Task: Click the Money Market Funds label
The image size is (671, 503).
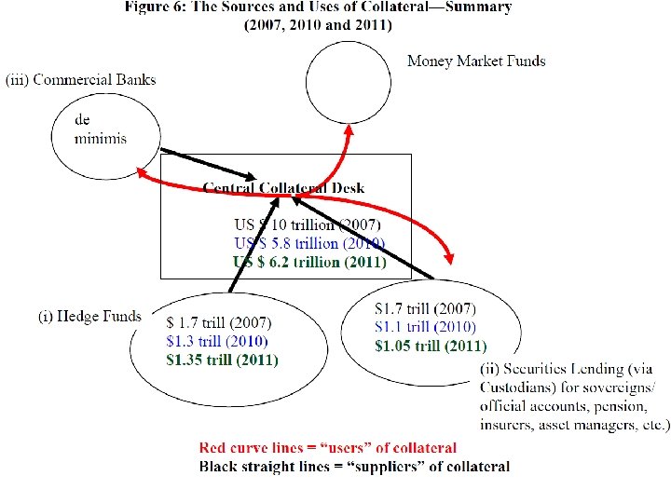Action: [x=476, y=61]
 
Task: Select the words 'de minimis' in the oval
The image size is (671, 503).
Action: [x=100, y=129]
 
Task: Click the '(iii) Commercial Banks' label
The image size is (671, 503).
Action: [x=81, y=80]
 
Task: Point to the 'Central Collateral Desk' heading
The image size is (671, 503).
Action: [x=284, y=187]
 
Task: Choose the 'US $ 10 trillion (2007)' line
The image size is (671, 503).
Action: [x=308, y=225]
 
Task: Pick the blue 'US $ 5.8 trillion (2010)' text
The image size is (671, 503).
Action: [x=309, y=244]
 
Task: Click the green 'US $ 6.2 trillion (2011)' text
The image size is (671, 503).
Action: [x=309, y=263]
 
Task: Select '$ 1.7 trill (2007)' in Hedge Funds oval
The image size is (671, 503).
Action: [x=219, y=323]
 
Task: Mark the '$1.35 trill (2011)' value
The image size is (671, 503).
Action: [x=222, y=359]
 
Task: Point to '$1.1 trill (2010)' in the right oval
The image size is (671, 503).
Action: [x=425, y=327]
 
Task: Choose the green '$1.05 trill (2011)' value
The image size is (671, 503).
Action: [x=430, y=345]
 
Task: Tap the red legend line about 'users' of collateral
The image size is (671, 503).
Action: [x=328, y=449]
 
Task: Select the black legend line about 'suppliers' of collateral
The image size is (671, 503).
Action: [x=355, y=467]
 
